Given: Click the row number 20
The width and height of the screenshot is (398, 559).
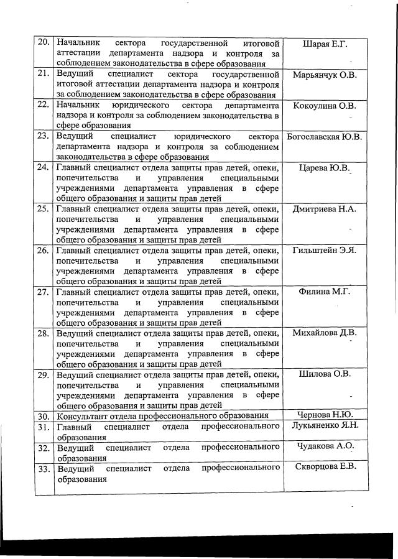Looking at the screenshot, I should pyautogui.click(x=44, y=44).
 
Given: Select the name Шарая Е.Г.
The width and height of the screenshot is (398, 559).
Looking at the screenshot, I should pyautogui.click(x=324, y=44).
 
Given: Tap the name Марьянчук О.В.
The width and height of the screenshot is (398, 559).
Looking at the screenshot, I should pyautogui.click(x=324, y=75).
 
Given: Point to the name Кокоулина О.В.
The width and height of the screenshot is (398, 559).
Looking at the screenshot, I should pyautogui.click(x=324, y=106).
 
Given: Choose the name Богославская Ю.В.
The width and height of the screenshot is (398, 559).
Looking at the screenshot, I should pyautogui.click(x=324, y=137).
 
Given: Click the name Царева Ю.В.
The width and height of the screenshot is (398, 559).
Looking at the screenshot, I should pyautogui.click(x=324, y=167).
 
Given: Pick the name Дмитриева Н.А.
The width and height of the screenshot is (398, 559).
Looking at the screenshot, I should pyautogui.click(x=324, y=209).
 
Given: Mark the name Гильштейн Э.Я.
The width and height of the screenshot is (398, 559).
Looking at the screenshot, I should pyautogui.click(x=324, y=251).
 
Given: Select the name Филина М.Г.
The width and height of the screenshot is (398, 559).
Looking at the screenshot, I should pyautogui.click(x=324, y=292).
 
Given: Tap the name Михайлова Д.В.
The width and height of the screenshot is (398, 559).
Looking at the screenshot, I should pyautogui.click(x=324, y=333).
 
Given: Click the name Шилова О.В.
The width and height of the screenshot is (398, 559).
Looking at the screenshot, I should pyautogui.click(x=324, y=374).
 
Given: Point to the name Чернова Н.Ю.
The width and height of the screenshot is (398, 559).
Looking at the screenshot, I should pyautogui.click(x=324, y=415).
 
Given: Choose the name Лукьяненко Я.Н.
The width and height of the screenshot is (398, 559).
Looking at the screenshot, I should pyautogui.click(x=324, y=426).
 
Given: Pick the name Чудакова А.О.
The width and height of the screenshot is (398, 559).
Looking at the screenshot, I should pyautogui.click(x=324, y=446).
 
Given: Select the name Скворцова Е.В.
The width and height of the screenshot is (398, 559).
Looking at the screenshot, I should pyautogui.click(x=324, y=468).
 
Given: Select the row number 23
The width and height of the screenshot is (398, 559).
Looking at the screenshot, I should pyautogui.click(x=44, y=136).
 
